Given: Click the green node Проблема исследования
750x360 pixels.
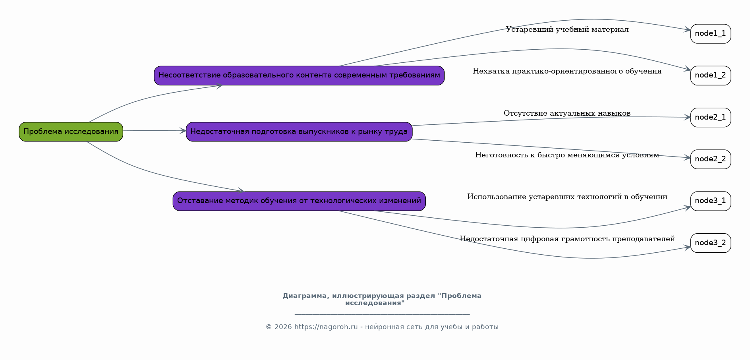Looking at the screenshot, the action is coord(71,132).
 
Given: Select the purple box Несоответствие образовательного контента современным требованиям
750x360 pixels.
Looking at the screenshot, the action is coord(299,75).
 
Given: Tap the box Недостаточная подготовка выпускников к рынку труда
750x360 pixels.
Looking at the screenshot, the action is coord(299,132).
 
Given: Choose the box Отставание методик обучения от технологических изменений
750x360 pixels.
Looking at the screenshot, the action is coord(299,201).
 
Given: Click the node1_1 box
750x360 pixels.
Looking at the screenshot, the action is coord(711,34).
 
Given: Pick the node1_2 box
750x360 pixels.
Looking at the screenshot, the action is coord(711,75).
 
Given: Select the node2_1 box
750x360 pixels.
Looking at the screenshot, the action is coord(711,117).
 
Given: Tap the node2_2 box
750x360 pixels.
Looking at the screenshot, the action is coord(711,159).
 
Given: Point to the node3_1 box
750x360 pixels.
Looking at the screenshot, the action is coord(711,201).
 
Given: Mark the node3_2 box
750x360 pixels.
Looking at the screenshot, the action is coord(711,243).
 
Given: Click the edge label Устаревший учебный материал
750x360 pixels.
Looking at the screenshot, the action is coord(567,29).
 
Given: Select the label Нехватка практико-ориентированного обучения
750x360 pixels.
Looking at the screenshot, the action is coord(567,71).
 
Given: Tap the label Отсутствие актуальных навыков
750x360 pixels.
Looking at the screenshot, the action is coord(567,113).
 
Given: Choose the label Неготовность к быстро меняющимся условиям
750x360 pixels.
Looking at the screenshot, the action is coord(567,155).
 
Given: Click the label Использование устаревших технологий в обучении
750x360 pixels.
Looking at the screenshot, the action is coord(567,197).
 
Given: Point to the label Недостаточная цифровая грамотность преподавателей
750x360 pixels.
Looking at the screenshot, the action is coord(567,239).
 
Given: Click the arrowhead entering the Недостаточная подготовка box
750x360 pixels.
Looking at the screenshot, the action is coord(183,131).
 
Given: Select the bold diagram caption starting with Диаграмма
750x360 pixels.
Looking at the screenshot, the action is coord(382,299).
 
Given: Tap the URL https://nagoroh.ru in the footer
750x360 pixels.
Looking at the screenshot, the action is coord(326,327).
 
